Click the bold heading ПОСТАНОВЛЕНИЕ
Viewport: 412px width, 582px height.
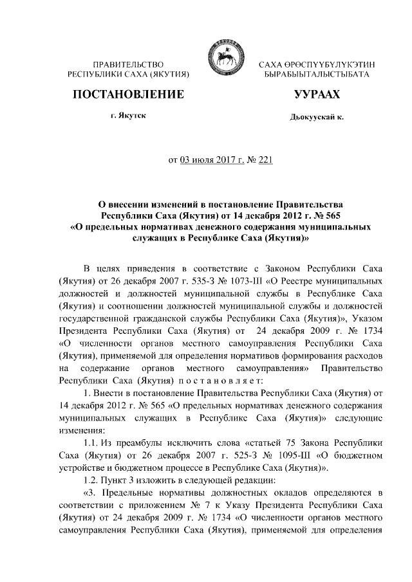coord(129,95)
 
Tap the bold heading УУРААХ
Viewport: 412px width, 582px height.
coord(315,95)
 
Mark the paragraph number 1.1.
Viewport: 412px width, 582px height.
coord(93,442)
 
